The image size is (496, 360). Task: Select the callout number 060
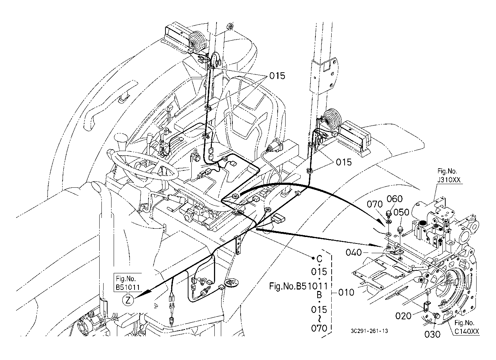click(395, 199)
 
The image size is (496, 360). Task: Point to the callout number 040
click(354, 252)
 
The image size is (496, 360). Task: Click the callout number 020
click(403, 316)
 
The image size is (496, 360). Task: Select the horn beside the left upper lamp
click(196, 40)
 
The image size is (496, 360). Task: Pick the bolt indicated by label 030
click(436, 316)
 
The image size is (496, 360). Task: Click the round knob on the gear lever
click(121, 138)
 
